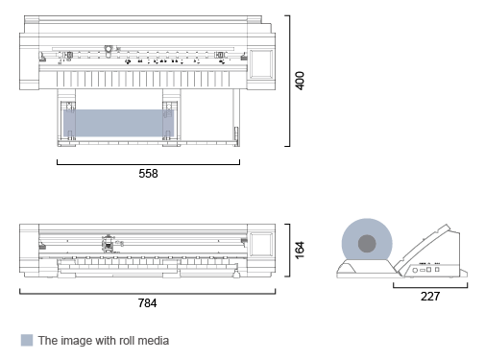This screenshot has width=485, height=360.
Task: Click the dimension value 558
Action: (x=148, y=174)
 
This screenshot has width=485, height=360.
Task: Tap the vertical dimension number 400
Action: (x=300, y=81)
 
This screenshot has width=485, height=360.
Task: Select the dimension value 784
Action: (x=147, y=302)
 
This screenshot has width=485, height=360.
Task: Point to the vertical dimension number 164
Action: (x=300, y=250)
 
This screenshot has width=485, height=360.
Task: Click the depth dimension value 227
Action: (x=430, y=297)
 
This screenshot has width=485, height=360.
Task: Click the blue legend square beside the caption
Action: (x=26, y=340)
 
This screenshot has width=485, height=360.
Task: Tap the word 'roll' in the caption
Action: (x=123, y=340)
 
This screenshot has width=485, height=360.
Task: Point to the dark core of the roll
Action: (x=368, y=244)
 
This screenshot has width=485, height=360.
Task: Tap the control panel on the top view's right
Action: (x=261, y=61)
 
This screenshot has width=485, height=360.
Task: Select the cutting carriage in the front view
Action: (x=109, y=244)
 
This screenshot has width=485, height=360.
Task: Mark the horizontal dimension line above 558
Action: (x=148, y=163)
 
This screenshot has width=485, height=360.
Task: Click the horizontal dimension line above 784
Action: (x=147, y=292)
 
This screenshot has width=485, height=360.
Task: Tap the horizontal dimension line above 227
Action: (x=430, y=286)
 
